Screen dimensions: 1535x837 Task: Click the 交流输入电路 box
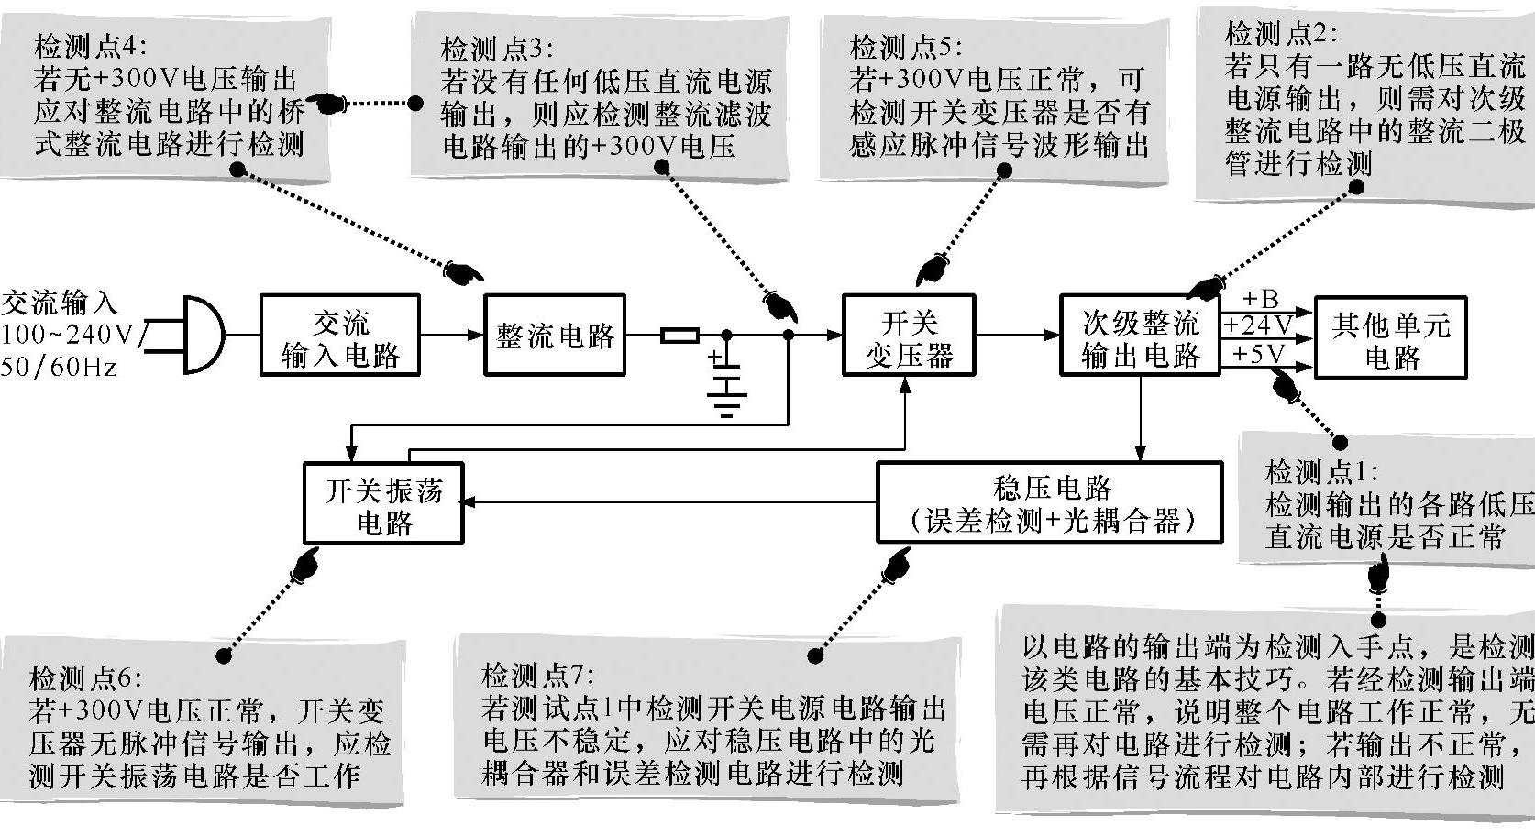(x=340, y=335)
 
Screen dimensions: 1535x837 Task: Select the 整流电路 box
(x=555, y=335)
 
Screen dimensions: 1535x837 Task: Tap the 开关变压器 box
(x=909, y=335)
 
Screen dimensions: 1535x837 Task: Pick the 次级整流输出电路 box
(x=1141, y=335)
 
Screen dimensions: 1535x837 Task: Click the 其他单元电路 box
(x=1390, y=337)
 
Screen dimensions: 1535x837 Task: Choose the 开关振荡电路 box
(x=383, y=502)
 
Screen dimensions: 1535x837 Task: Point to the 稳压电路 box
(x=1050, y=502)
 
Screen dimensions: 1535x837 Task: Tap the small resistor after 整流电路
(x=679, y=335)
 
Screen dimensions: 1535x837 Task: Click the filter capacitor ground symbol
(x=727, y=404)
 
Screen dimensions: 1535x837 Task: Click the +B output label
(x=1261, y=299)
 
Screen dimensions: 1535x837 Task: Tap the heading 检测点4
(x=90, y=47)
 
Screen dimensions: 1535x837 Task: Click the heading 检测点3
(x=498, y=49)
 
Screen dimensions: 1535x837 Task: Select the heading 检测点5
(x=906, y=48)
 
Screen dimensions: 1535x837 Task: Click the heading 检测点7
(x=538, y=676)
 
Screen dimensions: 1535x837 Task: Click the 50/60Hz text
(x=59, y=367)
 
